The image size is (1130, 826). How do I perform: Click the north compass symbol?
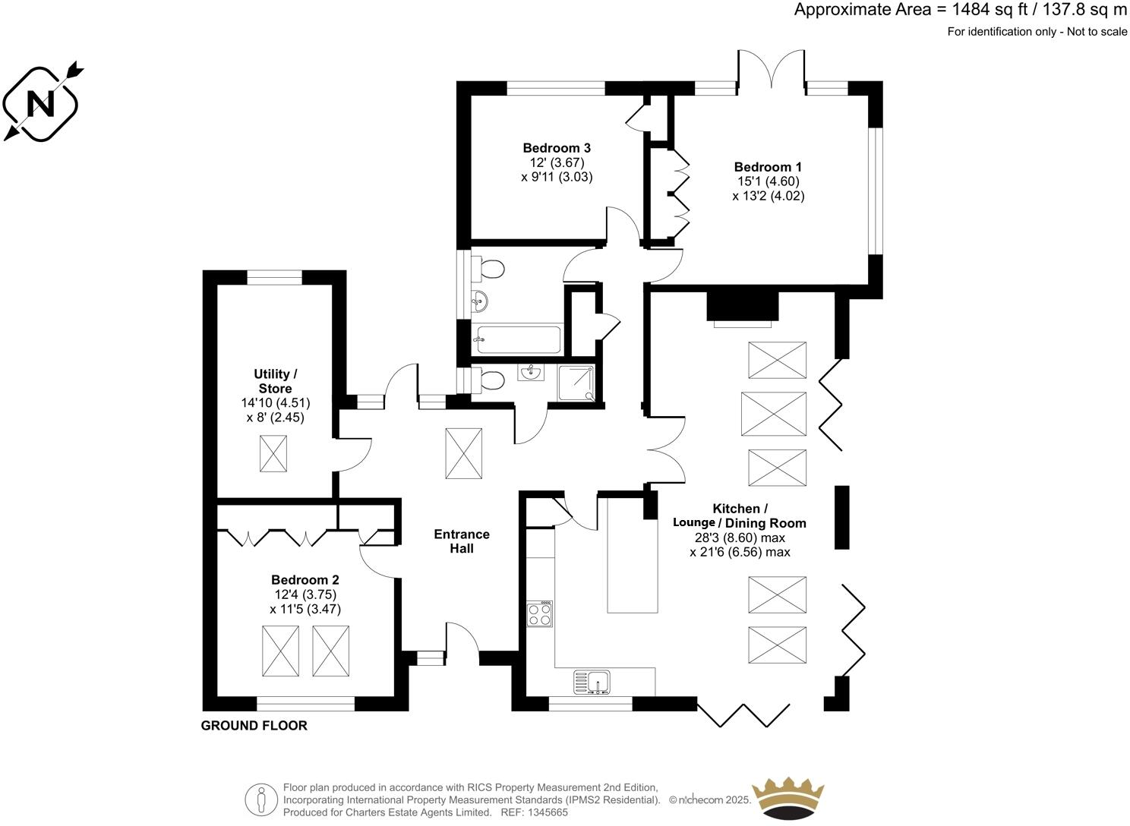click(x=41, y=103)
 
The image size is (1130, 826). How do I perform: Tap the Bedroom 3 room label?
click(x=556, y=148)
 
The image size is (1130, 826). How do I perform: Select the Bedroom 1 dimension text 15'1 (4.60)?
click(x=767, y=181)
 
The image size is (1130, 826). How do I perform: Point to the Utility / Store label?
click(x=275, y=381)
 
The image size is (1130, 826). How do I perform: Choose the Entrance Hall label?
click(x=462, y=541)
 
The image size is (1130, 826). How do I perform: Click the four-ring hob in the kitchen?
click(x=540, y=613)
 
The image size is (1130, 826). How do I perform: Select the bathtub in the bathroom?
click(x=518, y=339)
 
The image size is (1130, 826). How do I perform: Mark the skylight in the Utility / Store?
click(x=273, y=453)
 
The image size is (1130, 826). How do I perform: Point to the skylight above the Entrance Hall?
click(x=463, y=453)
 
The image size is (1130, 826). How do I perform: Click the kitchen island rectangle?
click(x=632, y=554)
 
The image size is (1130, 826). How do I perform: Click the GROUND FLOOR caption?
click(x=254, y=726)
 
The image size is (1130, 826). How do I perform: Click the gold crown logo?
click(x=788, y=799)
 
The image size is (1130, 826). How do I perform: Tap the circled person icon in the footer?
click(x=261, y=799)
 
